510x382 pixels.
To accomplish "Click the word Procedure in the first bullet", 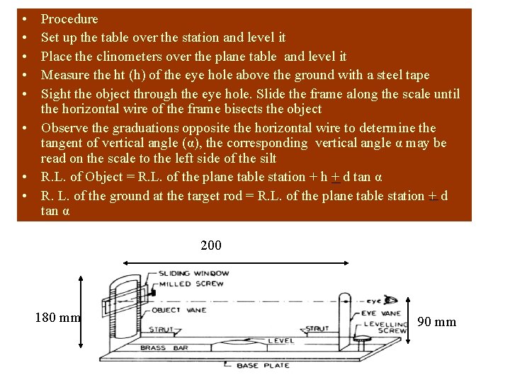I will pyautogui.click(x=69, y=19).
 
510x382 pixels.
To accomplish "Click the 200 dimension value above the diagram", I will pyautogui.click(x=211, y=245).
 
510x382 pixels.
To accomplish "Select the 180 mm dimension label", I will pyautogui.click(x=58, y=318).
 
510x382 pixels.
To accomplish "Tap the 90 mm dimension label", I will pyautogui.click(x=437, y=323).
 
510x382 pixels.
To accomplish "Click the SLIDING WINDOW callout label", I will pyautogui.click(x=193, y=273).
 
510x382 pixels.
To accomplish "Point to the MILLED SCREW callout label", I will pyautogui.click(x=191, y=284).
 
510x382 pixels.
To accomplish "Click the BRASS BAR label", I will pyautogui.click(x=162, y=348).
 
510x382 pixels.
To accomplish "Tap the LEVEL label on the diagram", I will pyautogui.click(x=281, y=341).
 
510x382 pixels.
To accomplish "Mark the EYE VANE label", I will pyautogui.click(x=381, y=313).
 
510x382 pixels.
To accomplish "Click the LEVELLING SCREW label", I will pyautogui.click(x=385, y=327).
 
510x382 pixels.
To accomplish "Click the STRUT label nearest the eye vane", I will pyautogui.click(x=317, y=328).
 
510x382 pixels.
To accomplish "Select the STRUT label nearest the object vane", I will pyautogui.click(x=161, y=328).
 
